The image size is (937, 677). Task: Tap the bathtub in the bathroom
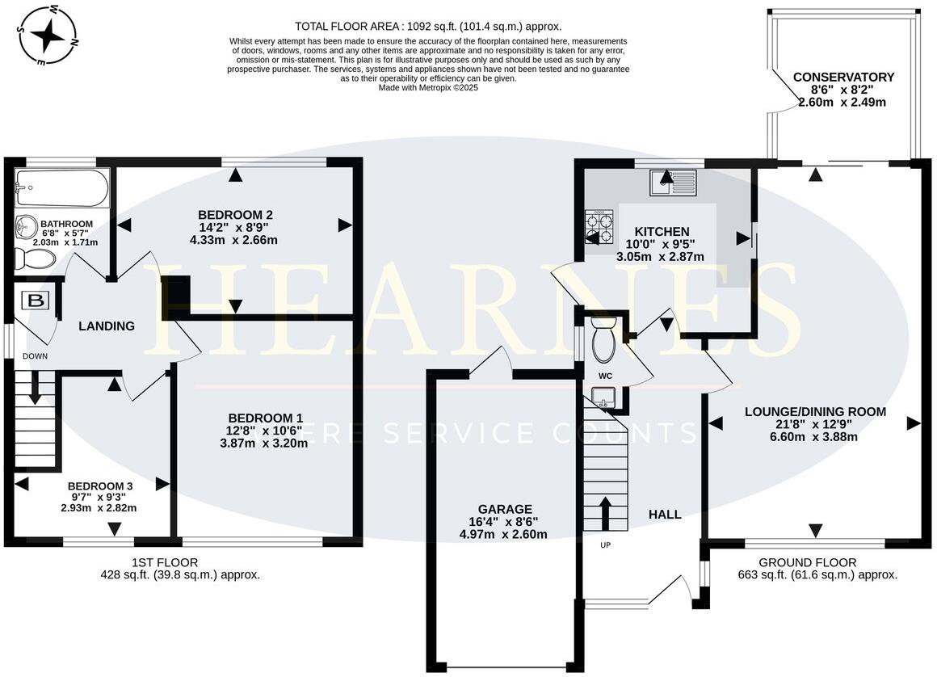61,187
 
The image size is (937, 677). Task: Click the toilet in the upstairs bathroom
36,259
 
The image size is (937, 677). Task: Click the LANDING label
107,326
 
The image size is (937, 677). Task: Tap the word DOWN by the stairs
36,356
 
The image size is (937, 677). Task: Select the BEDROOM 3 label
99,486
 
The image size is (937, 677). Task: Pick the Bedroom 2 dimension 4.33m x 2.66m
233,240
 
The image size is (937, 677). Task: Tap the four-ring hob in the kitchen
599,227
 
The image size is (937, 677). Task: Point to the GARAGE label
505,509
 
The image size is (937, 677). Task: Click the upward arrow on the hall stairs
605,511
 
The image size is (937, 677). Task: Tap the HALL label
665,514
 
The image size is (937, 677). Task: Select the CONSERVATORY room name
843,78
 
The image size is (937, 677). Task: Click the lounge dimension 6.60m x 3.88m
815,437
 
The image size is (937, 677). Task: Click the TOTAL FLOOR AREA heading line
427,27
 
